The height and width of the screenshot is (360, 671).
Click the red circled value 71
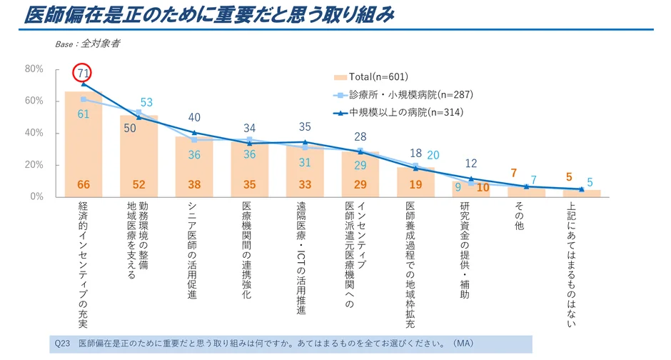pyautogui.click(x=83, y=72)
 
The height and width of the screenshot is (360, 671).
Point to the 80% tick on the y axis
pyautogui.click(x=34, y=69)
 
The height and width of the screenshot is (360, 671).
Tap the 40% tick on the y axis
pyautogui.click(x=34, y=133)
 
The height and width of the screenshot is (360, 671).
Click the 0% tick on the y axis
pyautogui.click(x=37, y=196)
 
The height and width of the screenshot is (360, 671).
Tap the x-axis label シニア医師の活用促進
pyautogui.click(x=193, y=250)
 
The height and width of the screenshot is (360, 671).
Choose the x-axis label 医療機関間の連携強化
pyautogui.click(x=248, y=250)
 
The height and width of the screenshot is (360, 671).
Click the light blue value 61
pyautogui.click(x=83, y=114)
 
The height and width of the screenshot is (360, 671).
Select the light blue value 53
pyautogui.click(x=147, y=102)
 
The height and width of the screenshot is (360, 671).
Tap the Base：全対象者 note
pyautogui.click(x=87, y=44)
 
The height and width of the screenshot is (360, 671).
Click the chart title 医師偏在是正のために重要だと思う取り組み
pyautogui.click(x=209, y=15)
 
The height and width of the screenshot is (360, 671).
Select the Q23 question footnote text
pyautogui.click(x=264, y=343)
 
